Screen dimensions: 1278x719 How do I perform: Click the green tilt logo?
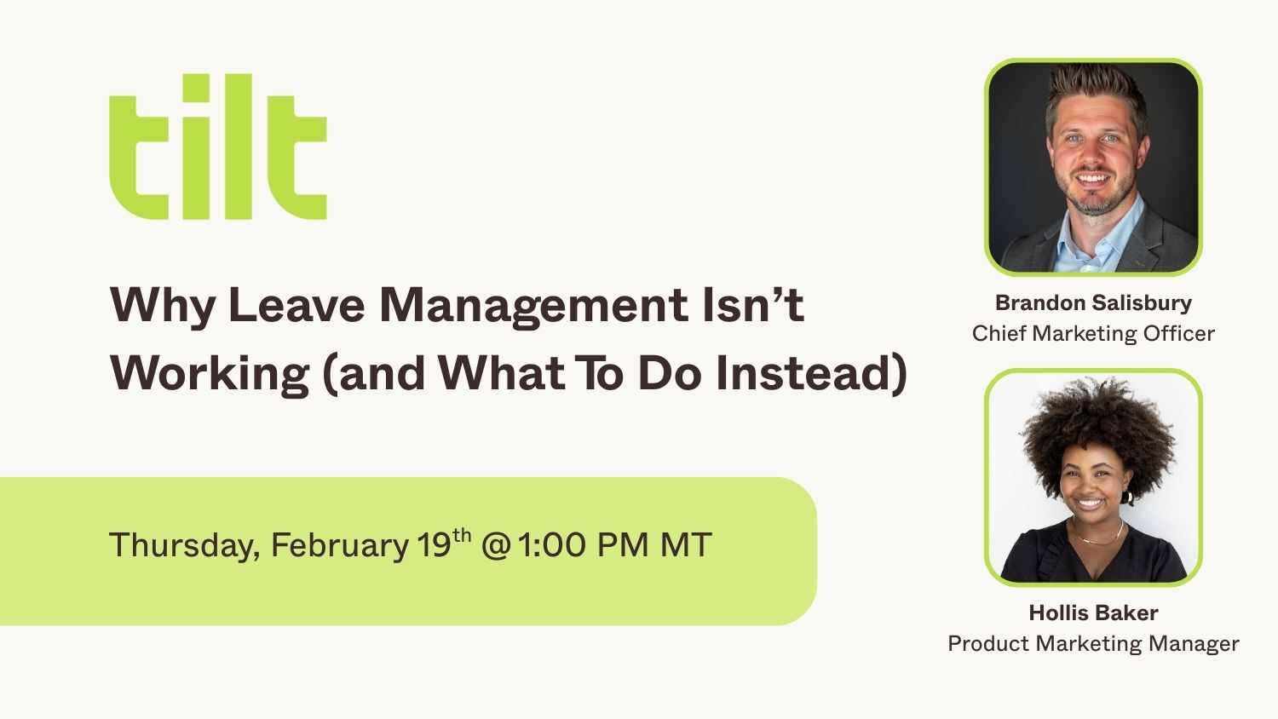(218, 147)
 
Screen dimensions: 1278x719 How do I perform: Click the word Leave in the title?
(296, 305)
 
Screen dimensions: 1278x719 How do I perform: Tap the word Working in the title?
(210, 374)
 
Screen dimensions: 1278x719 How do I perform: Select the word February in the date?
(339, 545)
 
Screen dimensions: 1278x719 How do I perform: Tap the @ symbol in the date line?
(495, 545)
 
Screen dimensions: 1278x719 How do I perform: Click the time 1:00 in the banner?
(551, 544)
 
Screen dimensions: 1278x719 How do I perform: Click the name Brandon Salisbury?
(1094, 303)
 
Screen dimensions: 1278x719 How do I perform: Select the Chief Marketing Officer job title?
(1094, 334)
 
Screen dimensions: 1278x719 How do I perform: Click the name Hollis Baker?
(1094, 613)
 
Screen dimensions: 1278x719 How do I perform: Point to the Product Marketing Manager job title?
(1094, 644)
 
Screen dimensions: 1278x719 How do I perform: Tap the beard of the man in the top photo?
(1092, 192)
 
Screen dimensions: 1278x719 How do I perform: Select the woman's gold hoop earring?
(1127, 497)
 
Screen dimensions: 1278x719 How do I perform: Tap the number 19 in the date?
(434, 545)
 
